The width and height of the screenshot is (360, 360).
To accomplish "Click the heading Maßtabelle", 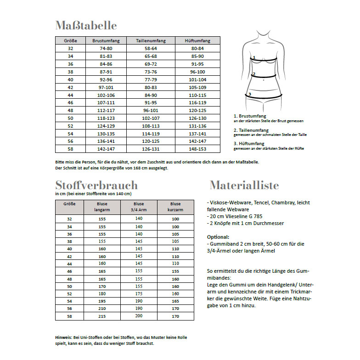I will click(x=86, y=25).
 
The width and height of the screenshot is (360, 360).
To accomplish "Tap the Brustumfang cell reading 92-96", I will click(x=106, y=79).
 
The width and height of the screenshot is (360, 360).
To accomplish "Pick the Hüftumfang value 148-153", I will click(x=198, y=149).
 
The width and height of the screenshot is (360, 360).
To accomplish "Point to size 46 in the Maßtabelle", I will click(x=70, y=102).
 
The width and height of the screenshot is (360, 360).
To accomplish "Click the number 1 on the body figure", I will click(x=253, y=58).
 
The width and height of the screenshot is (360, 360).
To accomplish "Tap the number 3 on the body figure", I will click(x=249, y=94).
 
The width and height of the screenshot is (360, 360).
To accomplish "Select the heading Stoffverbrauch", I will click(x=96, y=186).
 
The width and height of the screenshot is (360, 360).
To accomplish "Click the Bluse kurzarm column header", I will click(x=175, y=207).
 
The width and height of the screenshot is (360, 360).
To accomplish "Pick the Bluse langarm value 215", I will click(x=102, y=316).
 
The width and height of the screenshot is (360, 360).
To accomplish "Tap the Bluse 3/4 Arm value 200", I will click(x=139, y=316).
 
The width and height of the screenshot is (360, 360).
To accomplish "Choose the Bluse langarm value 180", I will click(x=102, y=293).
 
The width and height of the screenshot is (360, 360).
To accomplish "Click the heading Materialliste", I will click(x=244, y=186).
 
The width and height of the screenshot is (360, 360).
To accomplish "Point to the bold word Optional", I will click(x=218, y=237).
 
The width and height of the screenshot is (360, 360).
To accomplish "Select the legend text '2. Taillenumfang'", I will click(x=251, y=130).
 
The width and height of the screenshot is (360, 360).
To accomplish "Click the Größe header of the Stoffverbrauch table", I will click(x=70, y=203).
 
